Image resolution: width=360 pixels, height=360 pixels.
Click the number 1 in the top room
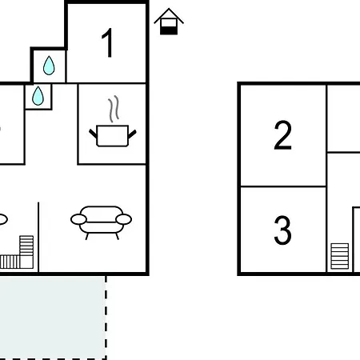click(x=108, y=42)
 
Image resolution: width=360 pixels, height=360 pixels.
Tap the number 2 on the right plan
click(x=282, y=135)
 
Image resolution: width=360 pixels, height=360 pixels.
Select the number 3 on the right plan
click(x=282, y=230)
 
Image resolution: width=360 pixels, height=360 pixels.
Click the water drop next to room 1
click(x=49, y=66)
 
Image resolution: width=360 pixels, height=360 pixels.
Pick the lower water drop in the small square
click(x=38, y=96)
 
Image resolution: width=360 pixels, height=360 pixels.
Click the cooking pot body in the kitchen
click(x=113, y=136)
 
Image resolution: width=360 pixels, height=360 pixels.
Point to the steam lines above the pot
click(x=114, y=109)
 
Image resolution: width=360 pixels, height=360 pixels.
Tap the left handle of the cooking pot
click(x=93, y=134)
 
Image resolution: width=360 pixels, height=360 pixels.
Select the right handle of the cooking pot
click(x=132, y=134)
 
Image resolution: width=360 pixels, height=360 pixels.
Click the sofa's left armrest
click(x=78, y=219)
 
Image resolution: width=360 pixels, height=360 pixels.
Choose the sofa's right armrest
click(x=124, y=219)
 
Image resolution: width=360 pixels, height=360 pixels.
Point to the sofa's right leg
click(x=117, y=236)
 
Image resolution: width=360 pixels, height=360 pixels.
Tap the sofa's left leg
click(x=86, y=236)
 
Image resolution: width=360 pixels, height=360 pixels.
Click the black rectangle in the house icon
click(x=169, y=30)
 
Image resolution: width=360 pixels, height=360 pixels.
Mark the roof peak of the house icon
click(x=169, y=9)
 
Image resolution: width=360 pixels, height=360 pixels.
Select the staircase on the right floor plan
click(x=340, y=256)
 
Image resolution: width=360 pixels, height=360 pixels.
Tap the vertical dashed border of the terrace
click(x=106, y=318)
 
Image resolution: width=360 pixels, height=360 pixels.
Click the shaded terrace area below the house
click(x=52, y=318)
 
